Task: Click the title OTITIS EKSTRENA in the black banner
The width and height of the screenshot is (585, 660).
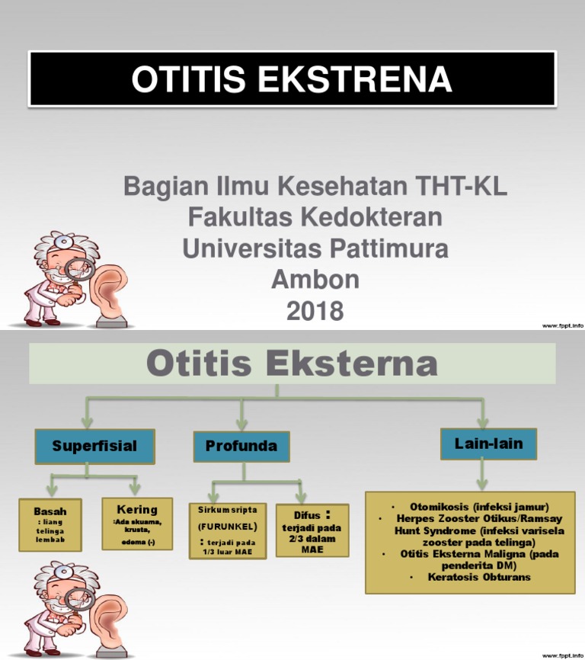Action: click(x=292, y=79)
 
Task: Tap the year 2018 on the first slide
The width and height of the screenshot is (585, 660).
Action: click(x=315, y=311)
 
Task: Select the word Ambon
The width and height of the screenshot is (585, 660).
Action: click(x=315, y=280)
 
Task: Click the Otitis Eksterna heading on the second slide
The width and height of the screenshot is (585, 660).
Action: click(x=292, y=364)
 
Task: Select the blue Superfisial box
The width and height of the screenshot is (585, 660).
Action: click(x=94, y=446)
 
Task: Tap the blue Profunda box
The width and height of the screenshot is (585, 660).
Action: click(x=241, y=446)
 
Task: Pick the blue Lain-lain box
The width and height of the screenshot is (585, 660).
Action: click(x=488, y=444)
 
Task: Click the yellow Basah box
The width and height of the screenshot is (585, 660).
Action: click(x=50, y=524)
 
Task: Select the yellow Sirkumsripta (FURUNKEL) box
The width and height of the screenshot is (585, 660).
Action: click(x=227, y=530)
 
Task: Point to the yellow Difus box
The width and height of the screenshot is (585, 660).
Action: click(x=312, y=530)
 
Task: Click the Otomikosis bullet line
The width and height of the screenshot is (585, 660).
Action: click(x=478, y=507)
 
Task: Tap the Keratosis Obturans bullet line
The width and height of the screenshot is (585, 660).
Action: click(x=478, y=577)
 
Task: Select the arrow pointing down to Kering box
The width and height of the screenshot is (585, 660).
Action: click(x=135, y=485)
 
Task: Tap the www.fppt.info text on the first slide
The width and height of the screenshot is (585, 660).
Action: click(x=562, y=325)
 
